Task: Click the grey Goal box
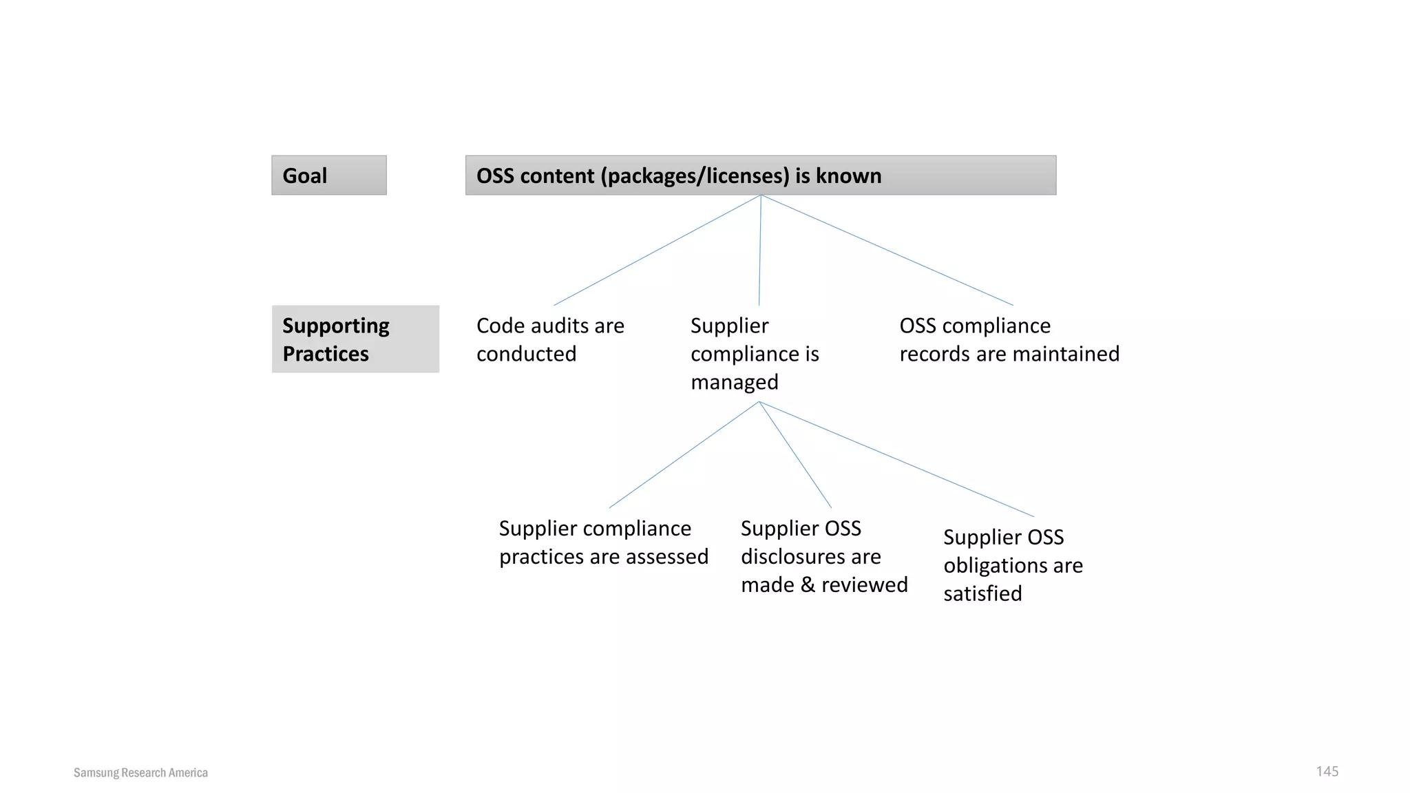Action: pyautogui.click(x=328, y=176)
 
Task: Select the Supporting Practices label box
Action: pyautogui.click(x=355, y=339)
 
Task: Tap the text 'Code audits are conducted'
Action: pyautogui.click(x=549, y=339)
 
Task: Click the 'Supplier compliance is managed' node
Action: pyautogui.click(x=754, y=354)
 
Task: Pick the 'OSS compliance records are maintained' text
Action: pyautogui.click(x=1009, y=339)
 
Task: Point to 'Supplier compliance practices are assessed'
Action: pyautogui.click(x=603, y=542)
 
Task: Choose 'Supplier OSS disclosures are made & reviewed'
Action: pyautogui.click(x=823, y=556)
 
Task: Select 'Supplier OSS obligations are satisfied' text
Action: pyautogui.click(x=1012, y=565)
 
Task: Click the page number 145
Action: pyautogui.click(x=1327, y=771)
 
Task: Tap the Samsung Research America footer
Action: pyautogui.click(x=140, y=772)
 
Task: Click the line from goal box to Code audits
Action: pyautogui.click(x=657, y=250)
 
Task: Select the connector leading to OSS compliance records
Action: pyautogui.click(x=887, y=250)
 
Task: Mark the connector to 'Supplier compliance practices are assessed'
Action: pyautogui.click(x=684, y=455)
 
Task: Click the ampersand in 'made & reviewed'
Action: pyautogui.click(x=808, y=584)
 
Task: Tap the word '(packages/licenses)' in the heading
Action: pyautogui.click(x=695, y=176)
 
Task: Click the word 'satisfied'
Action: pyautogui.click(x=982, y=593)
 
